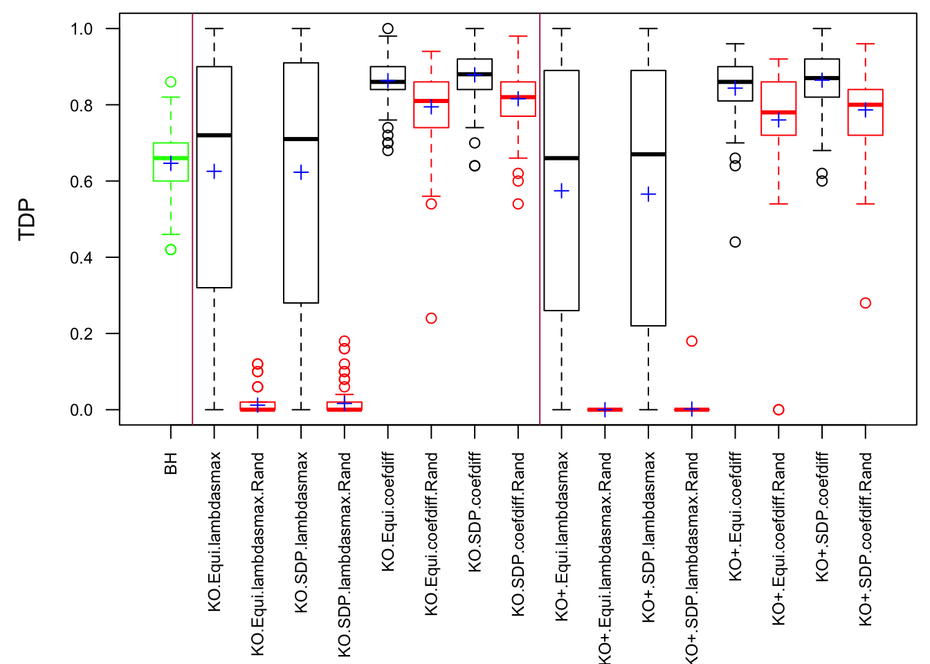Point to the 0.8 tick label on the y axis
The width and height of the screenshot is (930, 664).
(x=82, y=105)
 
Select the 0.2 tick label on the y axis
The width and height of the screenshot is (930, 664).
(x=82, y=333)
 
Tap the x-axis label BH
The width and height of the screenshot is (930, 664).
(x=171, y=463)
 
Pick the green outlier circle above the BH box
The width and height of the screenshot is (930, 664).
(x=171, y=82)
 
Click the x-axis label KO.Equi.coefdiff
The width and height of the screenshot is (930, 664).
(x=388, y=512)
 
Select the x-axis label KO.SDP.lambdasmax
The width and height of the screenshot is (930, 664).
(x=301, y=532)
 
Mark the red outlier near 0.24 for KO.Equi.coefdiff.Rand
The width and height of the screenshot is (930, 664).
(x=431, y=318)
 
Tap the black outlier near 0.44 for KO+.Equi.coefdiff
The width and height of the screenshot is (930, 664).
(x=736, y=242)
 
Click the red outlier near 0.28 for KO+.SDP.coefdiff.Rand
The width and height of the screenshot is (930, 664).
(x=866, y=303)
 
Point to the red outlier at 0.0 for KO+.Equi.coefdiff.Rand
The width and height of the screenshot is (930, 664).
(x=778, y=409)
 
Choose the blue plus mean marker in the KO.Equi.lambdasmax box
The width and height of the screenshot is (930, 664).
(x=215, y=172)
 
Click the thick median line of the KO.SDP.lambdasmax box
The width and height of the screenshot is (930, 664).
(x=301, y=139)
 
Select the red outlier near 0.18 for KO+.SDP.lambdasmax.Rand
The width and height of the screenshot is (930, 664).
(x=691, y=341)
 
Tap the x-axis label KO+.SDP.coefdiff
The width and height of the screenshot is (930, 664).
(x=822, y=517)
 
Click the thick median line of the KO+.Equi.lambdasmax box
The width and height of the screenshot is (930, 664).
(x=562, y=158)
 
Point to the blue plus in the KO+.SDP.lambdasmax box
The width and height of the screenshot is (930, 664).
(x=648, y=194)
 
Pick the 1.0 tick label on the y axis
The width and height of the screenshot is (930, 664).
(x=82, y=29)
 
